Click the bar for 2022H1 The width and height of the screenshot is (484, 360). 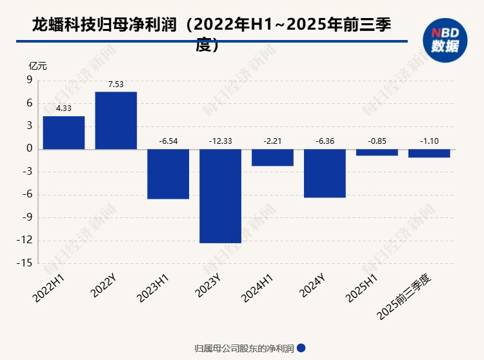(64, 133)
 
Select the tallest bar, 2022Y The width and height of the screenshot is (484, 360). (116, 121)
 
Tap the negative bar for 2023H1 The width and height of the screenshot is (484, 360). (168, 174)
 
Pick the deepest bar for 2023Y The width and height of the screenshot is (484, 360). (221, 196)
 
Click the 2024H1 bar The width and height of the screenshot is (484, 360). (273, 157)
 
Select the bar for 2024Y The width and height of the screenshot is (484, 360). (325, 174)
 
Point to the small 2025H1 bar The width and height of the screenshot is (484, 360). (377, 152)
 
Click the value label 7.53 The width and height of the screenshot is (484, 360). (116, 84)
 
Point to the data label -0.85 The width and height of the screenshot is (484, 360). (377, 141)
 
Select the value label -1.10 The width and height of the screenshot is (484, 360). (429, 141)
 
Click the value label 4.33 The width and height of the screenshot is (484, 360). (64, 108)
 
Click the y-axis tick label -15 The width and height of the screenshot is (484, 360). (26, 263)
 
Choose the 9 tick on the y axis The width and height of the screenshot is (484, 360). (29, 80)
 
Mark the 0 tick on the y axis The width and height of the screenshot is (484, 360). (29, 148)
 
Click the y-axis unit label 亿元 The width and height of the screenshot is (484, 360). (37, 65)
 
